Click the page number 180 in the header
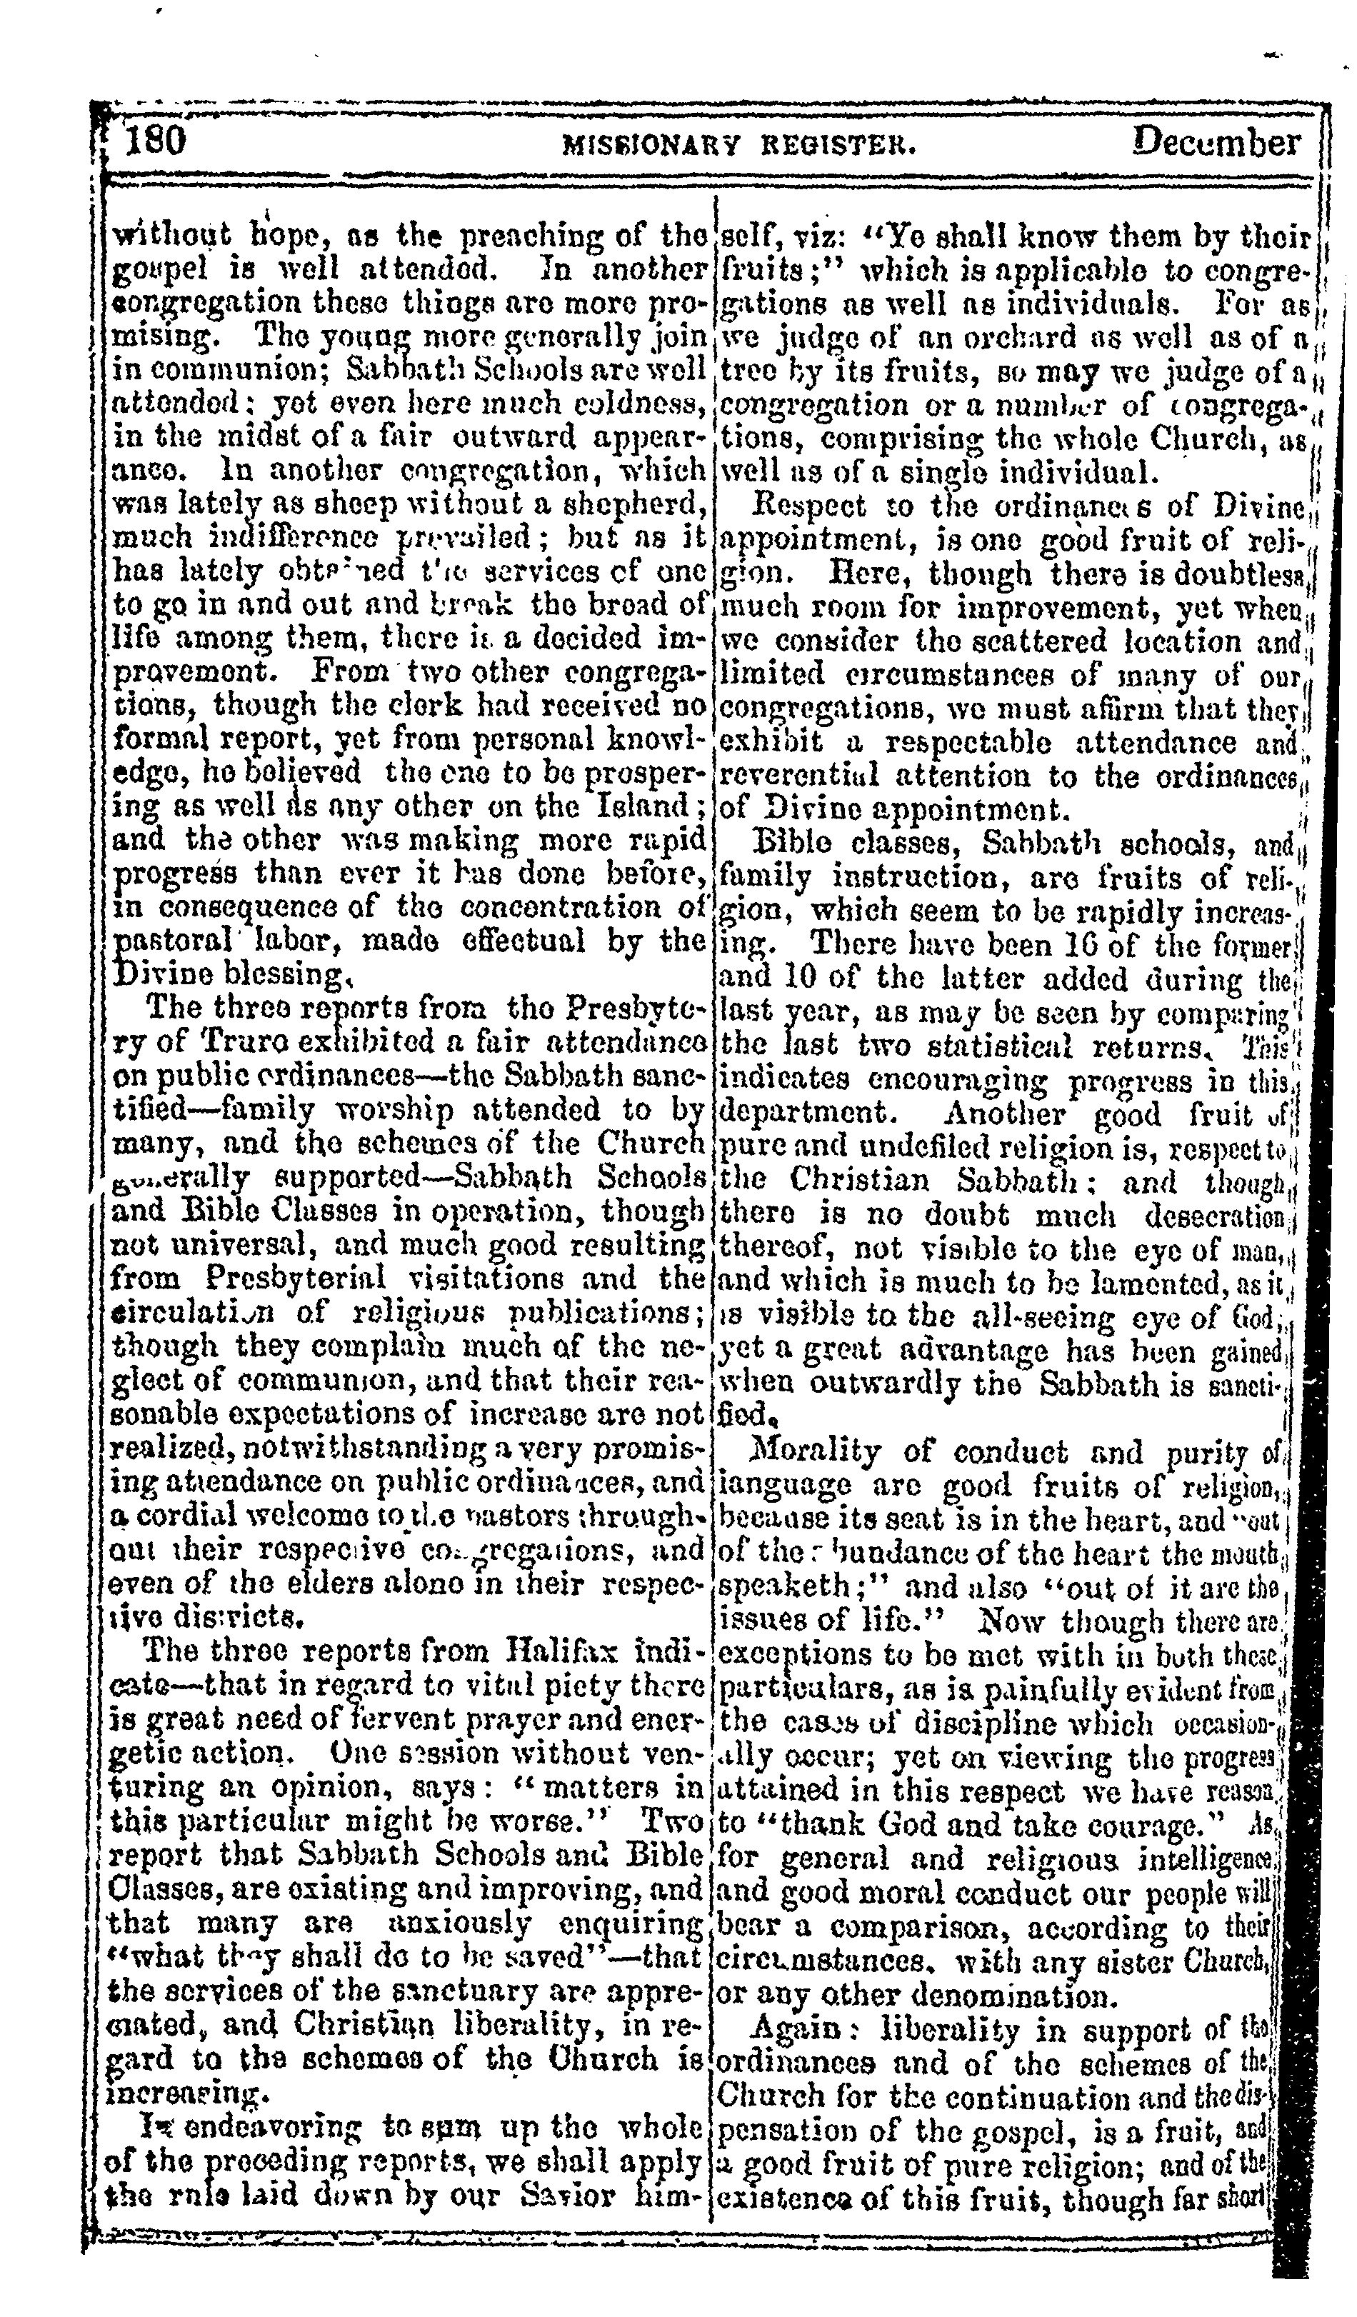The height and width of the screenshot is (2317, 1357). pos(154,141)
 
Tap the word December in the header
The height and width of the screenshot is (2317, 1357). pos(1216,143)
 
